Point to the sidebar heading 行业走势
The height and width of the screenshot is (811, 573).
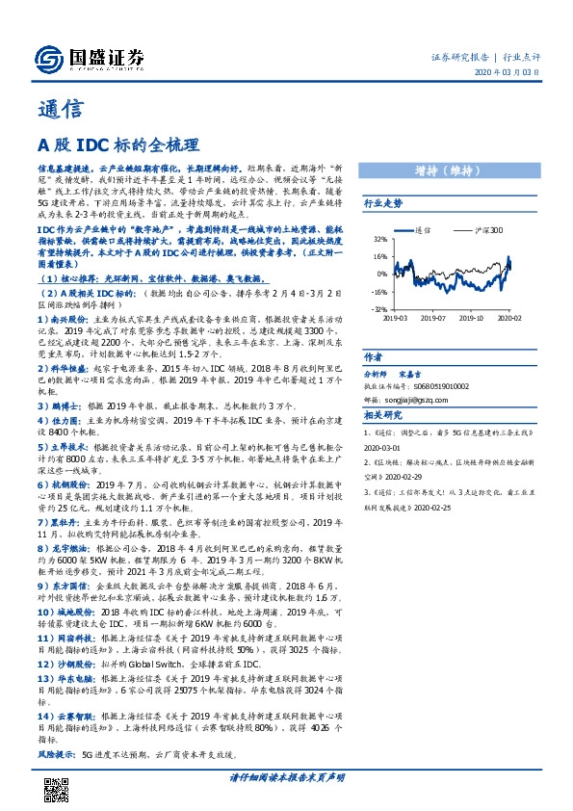click(x=383, y=204)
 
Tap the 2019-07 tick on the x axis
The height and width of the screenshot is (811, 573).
click(x=436, y=316)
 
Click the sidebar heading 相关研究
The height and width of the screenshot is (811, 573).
click(x=383, y=413)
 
